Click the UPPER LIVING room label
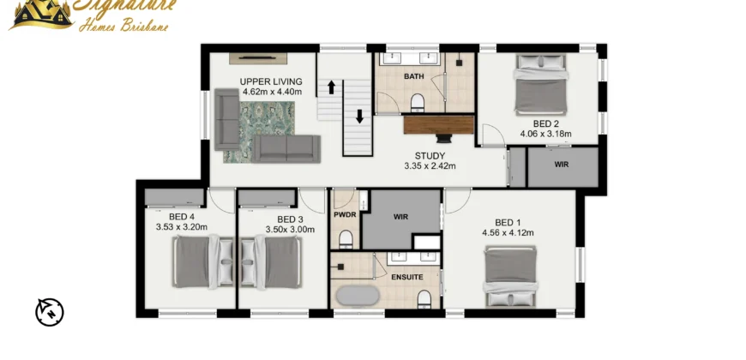(x=271, y=81)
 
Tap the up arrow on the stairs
(x=332, y=87)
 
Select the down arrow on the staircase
(x=359, y=117)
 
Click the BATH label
(x=414, y=76)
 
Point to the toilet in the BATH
(x=418, y=103)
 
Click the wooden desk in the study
(x=439, y=124)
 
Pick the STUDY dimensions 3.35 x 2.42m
(x=430, y=166)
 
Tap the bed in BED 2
(x=541, y=85)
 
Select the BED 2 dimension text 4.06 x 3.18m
(x=545, y=134)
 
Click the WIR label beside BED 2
(x=562, y=165)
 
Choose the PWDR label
(x=345, y=215)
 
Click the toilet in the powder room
(x=346, y=239)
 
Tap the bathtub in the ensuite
(x=358, y=296)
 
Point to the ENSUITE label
(x=406, y=277)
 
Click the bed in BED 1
(x=511, y=276)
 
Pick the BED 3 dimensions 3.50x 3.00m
(x=290, y=230)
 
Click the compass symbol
(x=50, y=313)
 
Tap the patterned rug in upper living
(x=259, y=132)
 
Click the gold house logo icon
(x=43, y=15)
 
